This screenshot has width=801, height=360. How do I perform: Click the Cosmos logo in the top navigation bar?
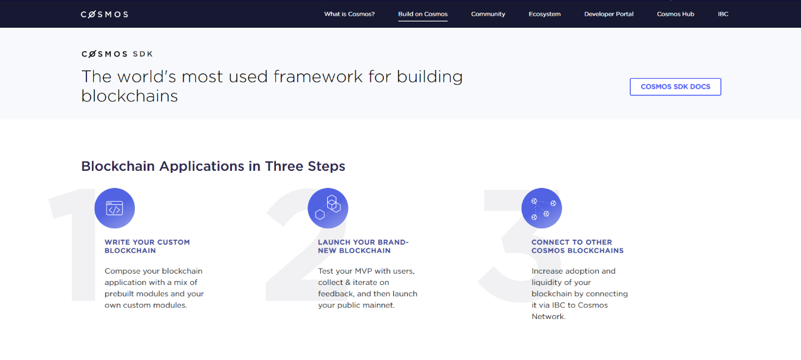105,15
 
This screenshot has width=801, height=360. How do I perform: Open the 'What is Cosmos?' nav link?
349,14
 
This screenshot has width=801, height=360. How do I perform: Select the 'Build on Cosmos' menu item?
423,14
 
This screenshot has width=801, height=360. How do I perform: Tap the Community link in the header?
488,14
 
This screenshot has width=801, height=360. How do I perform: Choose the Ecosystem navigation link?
545,14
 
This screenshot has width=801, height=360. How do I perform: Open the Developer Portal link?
609,14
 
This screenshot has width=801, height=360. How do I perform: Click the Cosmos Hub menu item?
676,14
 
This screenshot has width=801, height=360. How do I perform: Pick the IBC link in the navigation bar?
723,14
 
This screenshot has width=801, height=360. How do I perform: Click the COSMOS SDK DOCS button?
676,86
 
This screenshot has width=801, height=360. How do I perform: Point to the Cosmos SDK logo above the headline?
117,54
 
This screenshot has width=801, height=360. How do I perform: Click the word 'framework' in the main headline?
318,76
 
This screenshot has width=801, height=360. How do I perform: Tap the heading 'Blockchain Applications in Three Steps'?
213,166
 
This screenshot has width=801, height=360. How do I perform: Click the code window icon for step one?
115,208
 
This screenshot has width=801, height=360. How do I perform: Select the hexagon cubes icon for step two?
328,208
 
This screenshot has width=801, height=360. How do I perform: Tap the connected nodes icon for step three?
541,208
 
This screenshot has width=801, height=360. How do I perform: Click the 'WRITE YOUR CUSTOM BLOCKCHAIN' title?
147,247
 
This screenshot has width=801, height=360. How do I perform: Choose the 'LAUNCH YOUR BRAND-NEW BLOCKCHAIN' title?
363,247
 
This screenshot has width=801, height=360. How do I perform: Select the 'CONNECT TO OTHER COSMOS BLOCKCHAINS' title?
577,247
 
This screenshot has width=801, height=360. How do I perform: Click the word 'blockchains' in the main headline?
129,96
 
